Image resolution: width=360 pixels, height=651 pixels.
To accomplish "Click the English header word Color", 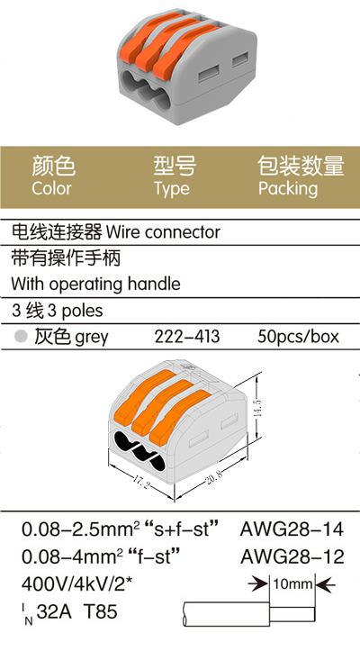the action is tap(52, 188).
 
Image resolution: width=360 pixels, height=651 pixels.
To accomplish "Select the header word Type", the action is tap(172, 189).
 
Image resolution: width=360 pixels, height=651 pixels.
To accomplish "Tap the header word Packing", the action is tap(288, 189).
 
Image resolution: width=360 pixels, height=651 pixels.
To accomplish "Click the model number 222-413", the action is tap(187, 336).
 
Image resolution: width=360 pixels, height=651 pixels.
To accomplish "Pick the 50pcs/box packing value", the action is tap(298, 337).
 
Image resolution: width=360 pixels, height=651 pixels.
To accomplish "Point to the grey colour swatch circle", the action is tap(21, 336).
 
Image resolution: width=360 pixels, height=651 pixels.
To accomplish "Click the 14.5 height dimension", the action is tap(257, 408).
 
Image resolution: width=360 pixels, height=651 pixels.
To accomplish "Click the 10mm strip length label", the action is tap(292, 584).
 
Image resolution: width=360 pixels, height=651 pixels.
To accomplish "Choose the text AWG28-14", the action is tap(292, 529).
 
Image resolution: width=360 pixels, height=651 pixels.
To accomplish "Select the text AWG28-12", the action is tap(292, 556).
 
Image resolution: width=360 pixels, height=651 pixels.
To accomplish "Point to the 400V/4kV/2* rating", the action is tap(76, 584).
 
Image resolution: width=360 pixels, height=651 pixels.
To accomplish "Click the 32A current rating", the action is tap(54, 611).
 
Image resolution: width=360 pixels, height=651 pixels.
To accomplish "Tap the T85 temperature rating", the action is tap(101, 611).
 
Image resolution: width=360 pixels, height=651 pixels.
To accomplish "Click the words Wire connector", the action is tap(163, 232).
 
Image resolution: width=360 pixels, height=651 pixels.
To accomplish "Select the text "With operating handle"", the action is tap(96, 285).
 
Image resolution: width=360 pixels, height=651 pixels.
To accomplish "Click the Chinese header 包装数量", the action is tap(301, 166).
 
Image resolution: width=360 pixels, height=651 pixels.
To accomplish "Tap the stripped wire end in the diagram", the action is tap(292, 614).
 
